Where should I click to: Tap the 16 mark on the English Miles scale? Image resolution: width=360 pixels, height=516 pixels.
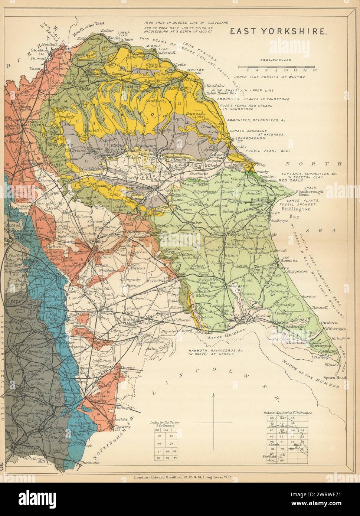coord(314,69)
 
